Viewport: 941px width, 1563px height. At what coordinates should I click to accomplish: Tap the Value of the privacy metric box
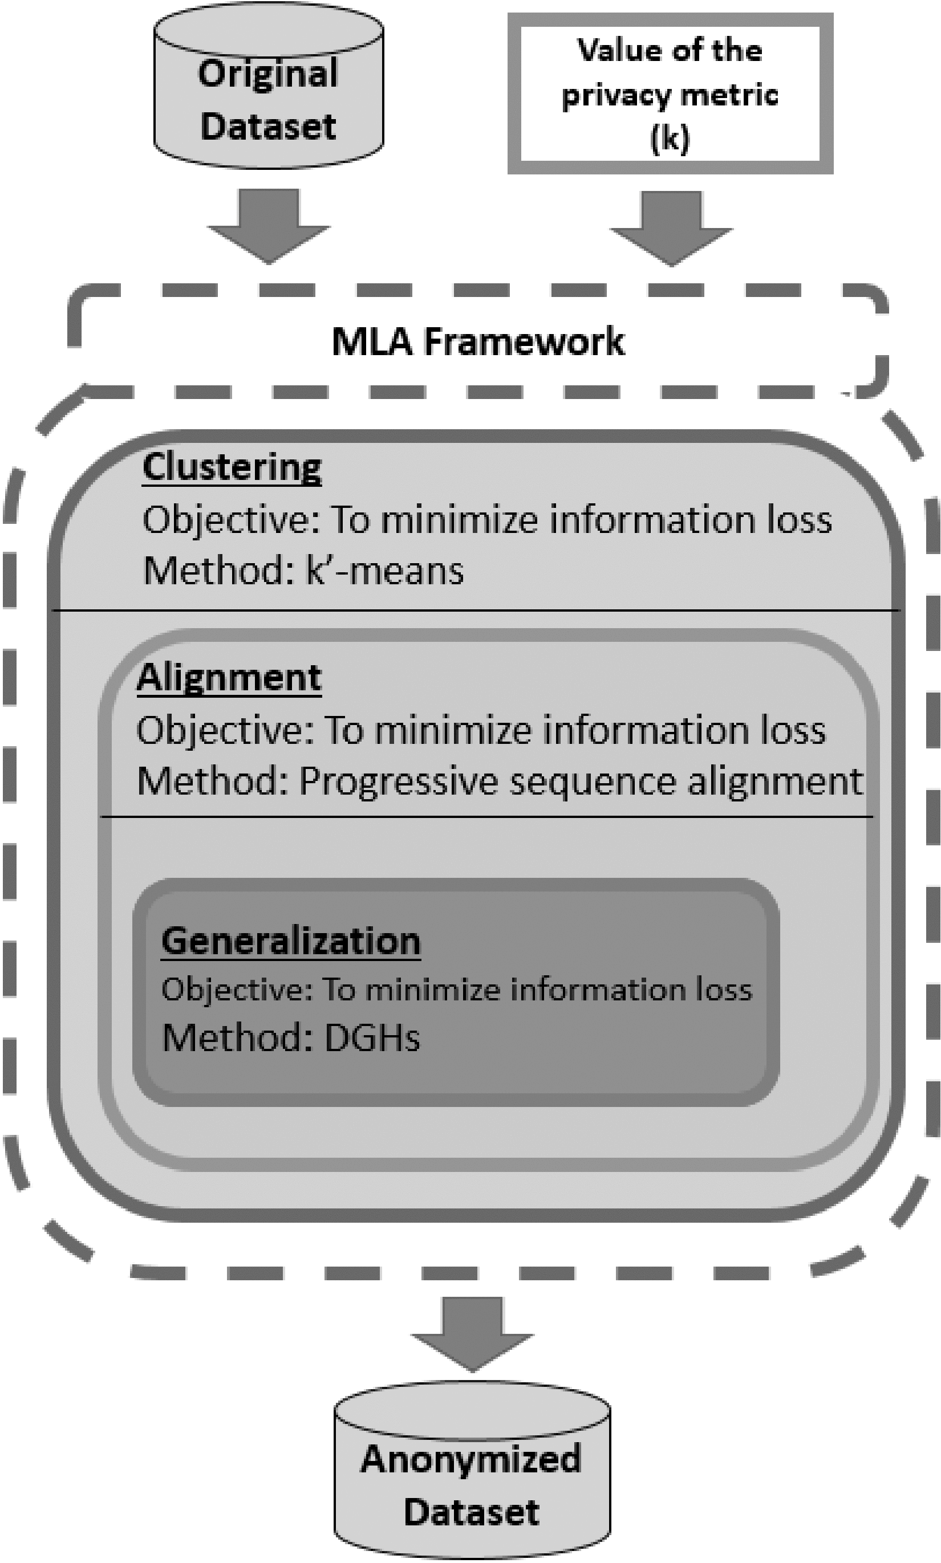point(670,93)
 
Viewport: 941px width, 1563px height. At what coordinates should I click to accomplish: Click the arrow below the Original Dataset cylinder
point(269,225)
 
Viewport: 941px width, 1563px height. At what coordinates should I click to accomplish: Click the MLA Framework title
point(478,341)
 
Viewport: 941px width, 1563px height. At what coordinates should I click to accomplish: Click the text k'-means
point(385,571)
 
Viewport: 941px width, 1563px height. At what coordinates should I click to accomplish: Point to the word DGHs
point(372,1037)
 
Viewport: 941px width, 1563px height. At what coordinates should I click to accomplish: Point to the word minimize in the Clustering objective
point(459,520)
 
